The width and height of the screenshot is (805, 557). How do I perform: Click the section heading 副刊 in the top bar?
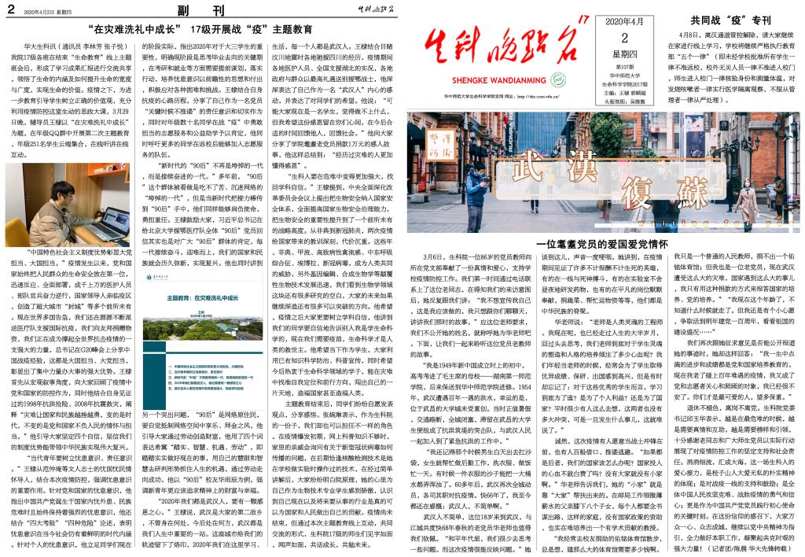204,10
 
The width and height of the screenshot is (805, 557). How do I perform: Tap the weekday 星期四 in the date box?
623,54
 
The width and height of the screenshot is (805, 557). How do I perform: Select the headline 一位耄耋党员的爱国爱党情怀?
601,245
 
